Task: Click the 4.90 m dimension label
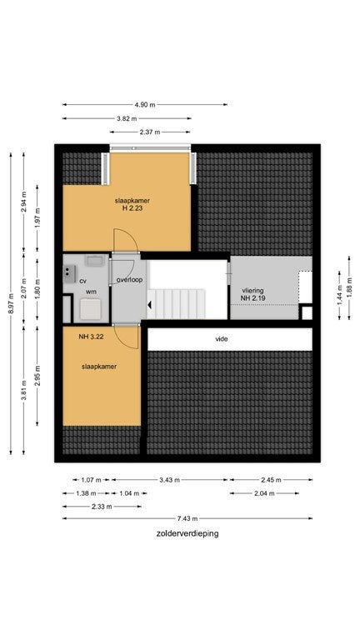coord(145,104)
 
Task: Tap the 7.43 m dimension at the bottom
coord(187,519)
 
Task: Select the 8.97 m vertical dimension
coord(11,303)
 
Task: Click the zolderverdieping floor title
coord(187,533)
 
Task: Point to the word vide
coord(222,339)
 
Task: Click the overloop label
coord(129,280)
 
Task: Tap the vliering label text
coord(252,290)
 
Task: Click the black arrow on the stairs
coord(150,304)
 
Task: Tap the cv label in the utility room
coord(82,281)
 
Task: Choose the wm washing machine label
coord(91,292)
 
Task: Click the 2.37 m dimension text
coord(150,132)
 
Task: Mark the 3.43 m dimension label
coord(169,480)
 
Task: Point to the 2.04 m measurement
coord(264,493)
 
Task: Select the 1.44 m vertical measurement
coord(339,296)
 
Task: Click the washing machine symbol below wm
coord(91,309)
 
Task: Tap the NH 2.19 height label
coord(253,298)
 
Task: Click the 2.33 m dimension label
coord(102,507)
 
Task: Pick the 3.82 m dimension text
coord(127,118)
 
